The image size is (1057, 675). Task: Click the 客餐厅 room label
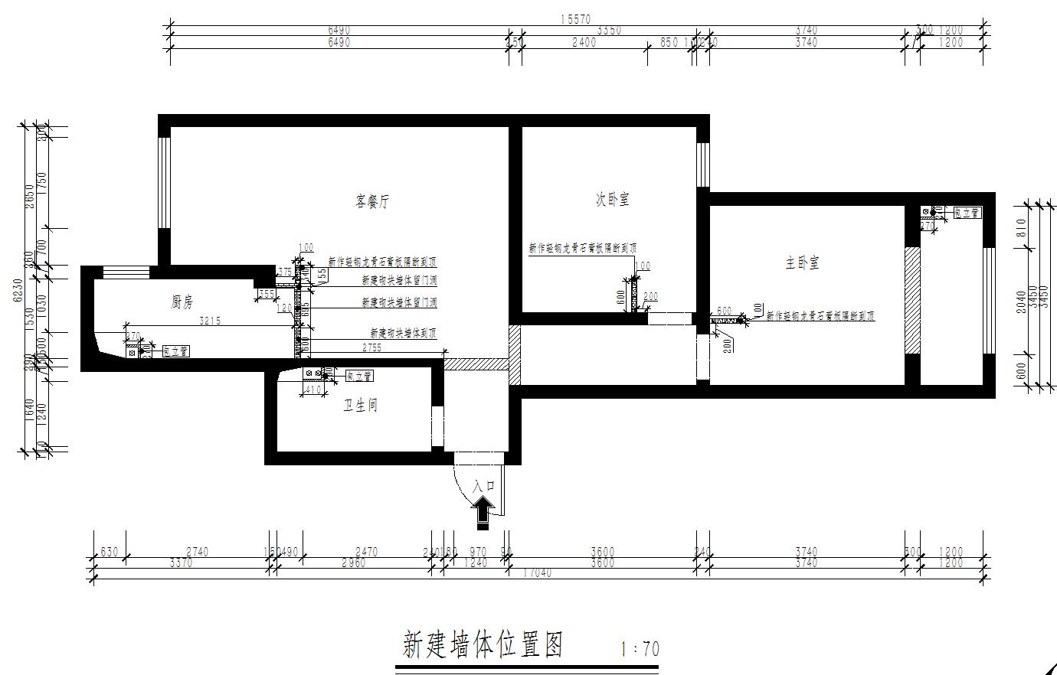tap(373, 202)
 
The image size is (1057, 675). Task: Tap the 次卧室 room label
tap(613, 200)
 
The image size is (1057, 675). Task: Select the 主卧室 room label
tap(802, 263)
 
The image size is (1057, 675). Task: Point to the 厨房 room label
tap(182, 303)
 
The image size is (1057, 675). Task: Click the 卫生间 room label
tap(359, 406)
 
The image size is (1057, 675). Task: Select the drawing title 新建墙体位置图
tap(483, 646)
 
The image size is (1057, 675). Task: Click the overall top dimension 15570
tap(574, 19)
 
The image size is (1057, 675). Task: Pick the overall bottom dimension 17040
tap(536, 573)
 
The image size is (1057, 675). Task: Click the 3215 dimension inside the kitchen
tap(210, 321)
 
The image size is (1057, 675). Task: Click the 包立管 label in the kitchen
tap(175, 351)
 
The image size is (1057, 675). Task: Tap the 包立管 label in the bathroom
tap(358, 376)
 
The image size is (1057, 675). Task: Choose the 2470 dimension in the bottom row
tap(368, 552)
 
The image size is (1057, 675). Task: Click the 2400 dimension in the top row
tap(584, 43)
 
